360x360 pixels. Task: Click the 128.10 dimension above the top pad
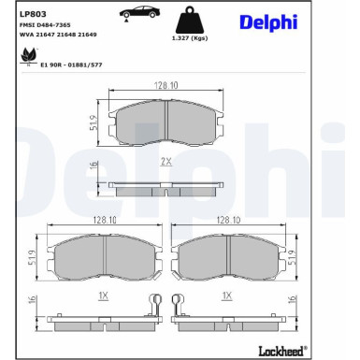tap(166, 85)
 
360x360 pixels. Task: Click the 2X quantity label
tap(166, 162)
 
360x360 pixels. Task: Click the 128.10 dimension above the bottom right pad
tap(228, 221)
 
